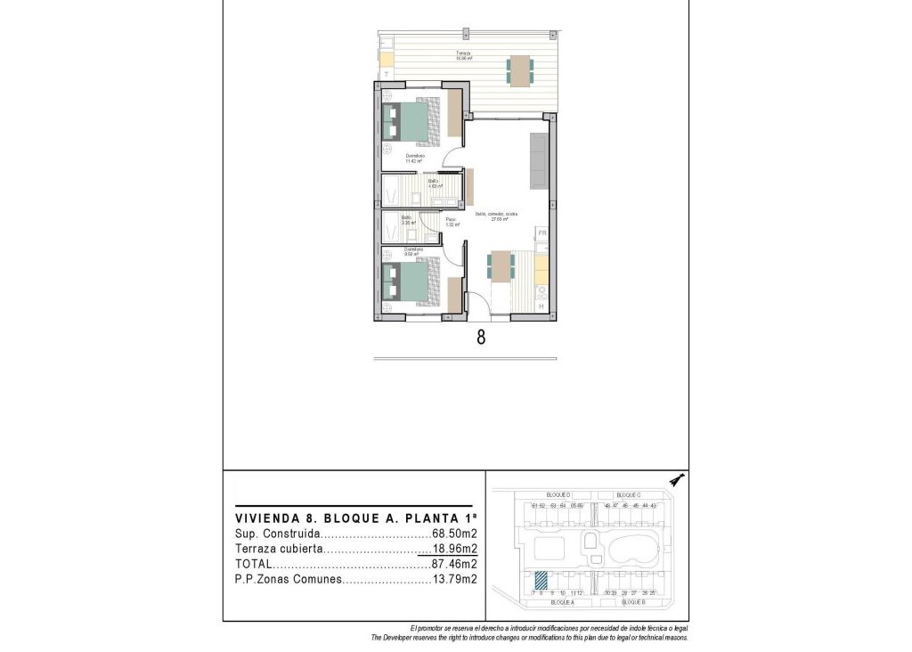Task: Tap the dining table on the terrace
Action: pyautogui.click(x=520, y=70)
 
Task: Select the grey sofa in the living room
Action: pyautogui.click(x=539, y=160)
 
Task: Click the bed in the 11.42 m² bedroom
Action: pyautogui.click(x=412, y=122)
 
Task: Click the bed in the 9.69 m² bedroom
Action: pyautogui.click(x=412, y=282)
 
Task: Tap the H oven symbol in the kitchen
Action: pyautogui.click(x=541, y=306)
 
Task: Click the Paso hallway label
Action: pyautogui.click(x=452, y=222)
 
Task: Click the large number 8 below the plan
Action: pyautogui.click(x=481, y=338)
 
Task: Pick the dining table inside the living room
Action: pyautogui.click(x=501, y=265)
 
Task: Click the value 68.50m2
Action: pyautogui.click(x=455, y=535)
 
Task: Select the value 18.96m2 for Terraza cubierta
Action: pyautogui.click(x=455, y=550)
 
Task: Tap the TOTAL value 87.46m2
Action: pyautogui.click(x=455, y=564)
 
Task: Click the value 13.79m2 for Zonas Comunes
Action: pyautogui.click(x=455, y=579)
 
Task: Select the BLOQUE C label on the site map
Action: pyautogui.click(x=629, y=495)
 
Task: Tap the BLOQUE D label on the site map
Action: pyautogui.click(x=558, y=495)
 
